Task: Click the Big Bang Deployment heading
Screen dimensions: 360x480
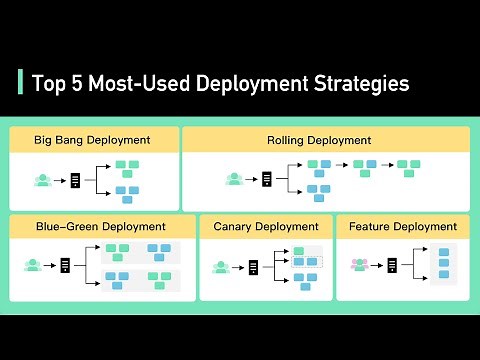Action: click(92, 140)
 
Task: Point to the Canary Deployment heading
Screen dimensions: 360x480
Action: click(266, 227)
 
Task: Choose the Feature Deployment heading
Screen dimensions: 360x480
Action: click(403, 227)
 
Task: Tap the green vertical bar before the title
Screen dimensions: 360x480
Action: click(21, 82)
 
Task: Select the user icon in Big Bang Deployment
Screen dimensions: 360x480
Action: click(43, 180)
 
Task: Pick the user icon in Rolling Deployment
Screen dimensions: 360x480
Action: click(234, 180)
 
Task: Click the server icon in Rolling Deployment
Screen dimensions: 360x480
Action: click(267, 180)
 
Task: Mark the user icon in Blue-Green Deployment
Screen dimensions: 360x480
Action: click(33, 265)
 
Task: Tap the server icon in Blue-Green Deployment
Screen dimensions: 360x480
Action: click(66, 265)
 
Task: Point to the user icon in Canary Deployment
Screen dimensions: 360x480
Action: click(222, 266)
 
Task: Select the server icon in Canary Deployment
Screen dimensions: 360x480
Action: click(253, 266)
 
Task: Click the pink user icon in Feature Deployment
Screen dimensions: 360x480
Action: click(359, 265)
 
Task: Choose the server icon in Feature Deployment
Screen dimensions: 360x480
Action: click(392, 265)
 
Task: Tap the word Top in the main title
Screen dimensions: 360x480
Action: click(48, 83)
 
